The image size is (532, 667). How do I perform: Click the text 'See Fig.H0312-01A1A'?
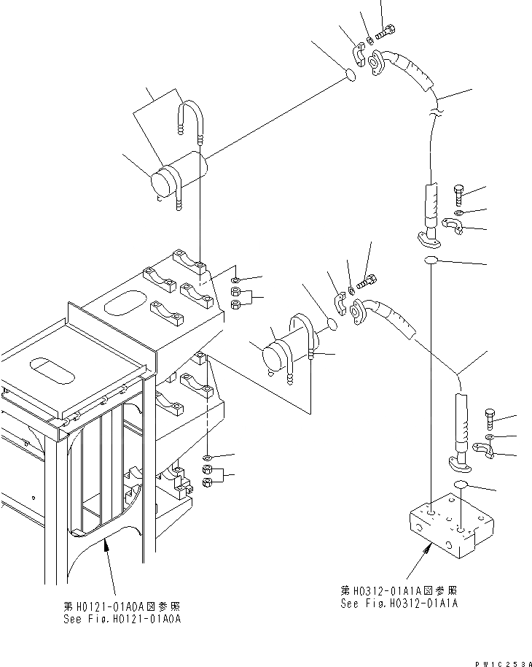pos(400,604)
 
